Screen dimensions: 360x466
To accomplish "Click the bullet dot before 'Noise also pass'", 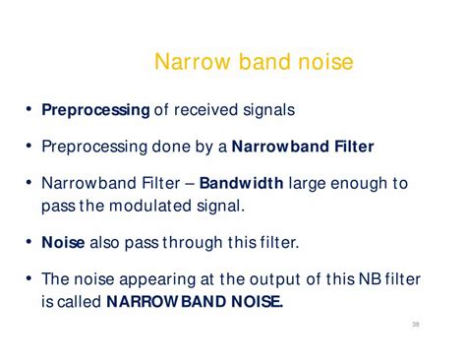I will (x=29, y=240).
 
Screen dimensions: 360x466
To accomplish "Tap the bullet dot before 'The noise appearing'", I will (x=29, y=277).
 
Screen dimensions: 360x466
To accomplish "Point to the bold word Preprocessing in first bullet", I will (x=94, y=110).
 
